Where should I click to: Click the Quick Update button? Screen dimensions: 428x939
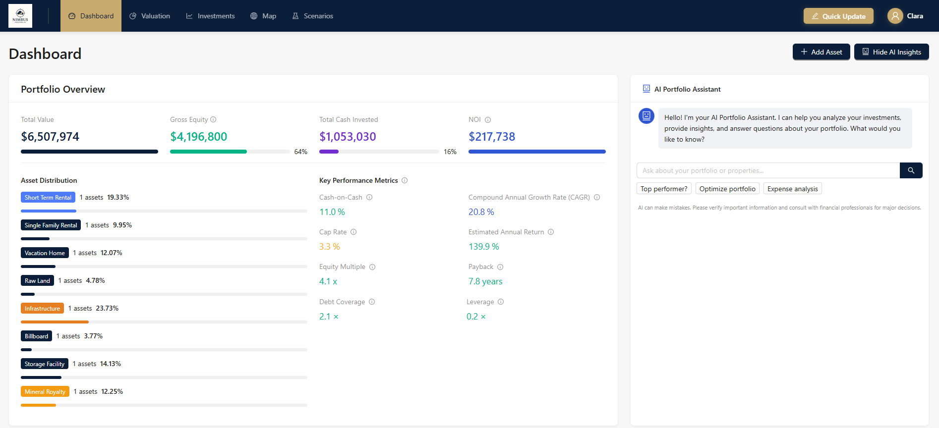pyautogui.click(x=838, y=16)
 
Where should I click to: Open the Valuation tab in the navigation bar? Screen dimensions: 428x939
pyautogui.click(x=150, y=16)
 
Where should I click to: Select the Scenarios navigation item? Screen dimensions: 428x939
pyautogui.click(x=313, y=16)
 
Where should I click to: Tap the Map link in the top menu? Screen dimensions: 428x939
pyautogui.click(x=263, y=16)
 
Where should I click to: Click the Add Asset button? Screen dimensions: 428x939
pyautogui.click(x=821, y=52)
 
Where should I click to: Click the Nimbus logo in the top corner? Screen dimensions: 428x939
pyautogui.click(x=20, y=16)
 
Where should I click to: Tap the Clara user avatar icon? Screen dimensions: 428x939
pyautogui.click(x=895, y=16)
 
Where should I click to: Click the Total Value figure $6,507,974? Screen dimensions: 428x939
pyautogui.click(x=50, y=137)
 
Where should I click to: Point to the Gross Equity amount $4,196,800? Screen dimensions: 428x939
pyautogui.click(x=198, y=137)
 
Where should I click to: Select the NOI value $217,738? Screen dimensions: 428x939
pyautogui.click(x=492, y=137)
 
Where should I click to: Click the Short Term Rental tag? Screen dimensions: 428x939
pyautogui.click(x=48, y=198)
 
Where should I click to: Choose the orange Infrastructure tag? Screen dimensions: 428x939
pyautogui.click(x=42, y=309)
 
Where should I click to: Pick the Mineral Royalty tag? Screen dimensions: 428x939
pyautogui.click(x=45, y=392)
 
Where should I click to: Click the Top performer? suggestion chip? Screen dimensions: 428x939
pyautogui.click(x=664, y=189)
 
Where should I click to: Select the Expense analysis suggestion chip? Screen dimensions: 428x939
pyautogui.click(x=792, y=189)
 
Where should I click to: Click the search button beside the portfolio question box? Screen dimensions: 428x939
pyautogui.click(x=911, y=170)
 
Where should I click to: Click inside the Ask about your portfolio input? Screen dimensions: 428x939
pyautogui.click(x=767, y=170)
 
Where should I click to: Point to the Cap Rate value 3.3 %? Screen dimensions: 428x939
pyautogui.click(x=330, y=247)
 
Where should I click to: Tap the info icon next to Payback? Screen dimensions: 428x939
pyautogui.click(x=500, y=267)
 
